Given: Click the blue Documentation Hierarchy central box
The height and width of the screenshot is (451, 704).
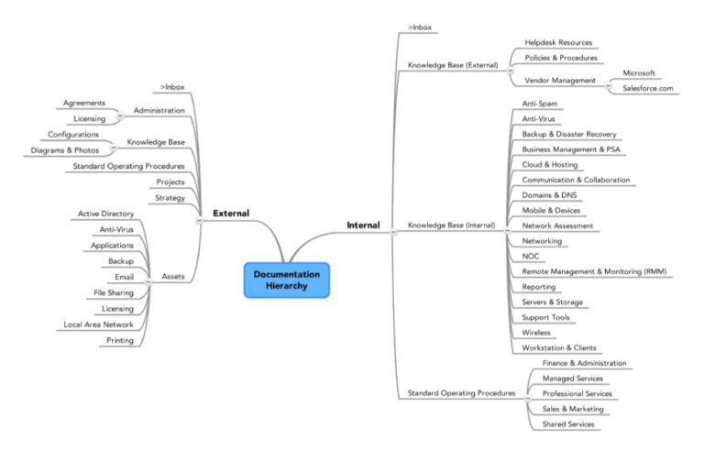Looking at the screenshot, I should [286, 280].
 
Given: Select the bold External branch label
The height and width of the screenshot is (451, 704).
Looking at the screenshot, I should [231, 214].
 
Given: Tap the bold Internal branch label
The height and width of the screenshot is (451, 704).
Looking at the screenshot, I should [363, 225].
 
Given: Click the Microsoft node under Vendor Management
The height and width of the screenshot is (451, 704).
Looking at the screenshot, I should [640, 72].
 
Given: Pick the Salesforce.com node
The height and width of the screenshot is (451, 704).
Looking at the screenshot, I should [647, 88].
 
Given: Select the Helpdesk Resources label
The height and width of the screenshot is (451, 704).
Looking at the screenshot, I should [557, 42].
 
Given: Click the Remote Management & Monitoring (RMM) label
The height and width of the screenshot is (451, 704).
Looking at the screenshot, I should [594, 271].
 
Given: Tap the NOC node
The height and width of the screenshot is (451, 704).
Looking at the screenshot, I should [531, 256].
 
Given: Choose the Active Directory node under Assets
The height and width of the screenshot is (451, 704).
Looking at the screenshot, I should [105, 214].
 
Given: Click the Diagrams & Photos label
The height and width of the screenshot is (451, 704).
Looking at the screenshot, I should [64, 150].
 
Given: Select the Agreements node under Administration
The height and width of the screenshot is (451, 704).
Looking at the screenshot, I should [84, 103].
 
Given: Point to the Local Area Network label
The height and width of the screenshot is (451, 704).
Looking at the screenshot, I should [98, 324].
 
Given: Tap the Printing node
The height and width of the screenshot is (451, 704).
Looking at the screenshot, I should [119, 340].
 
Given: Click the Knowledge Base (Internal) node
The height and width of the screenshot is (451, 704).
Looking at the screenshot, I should [451, 225].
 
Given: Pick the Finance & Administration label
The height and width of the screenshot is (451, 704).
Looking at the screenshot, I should [584, 363].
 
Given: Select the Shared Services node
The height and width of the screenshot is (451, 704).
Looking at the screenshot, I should [568, 423].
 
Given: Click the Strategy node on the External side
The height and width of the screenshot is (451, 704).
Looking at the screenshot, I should [170, 197].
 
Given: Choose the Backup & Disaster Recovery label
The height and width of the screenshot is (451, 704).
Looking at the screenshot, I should [568, 134].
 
